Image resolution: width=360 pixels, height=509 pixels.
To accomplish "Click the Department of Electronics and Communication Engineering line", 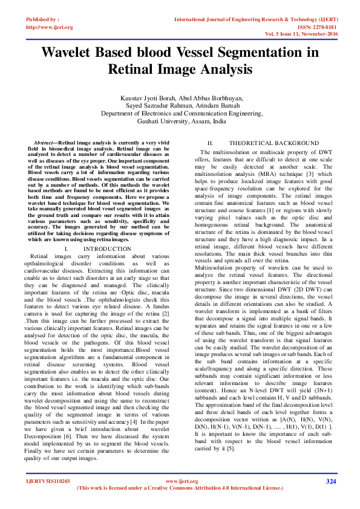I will pyautogui.click(x=180, y=113).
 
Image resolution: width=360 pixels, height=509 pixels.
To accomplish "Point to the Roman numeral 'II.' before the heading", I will pyautogui.click(x=211, y=143).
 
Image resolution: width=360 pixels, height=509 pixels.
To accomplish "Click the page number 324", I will pyautogui.click(x=330, y=481).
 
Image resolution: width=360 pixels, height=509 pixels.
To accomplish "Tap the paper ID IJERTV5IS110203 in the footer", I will pyautogui.click(x=47, y=481).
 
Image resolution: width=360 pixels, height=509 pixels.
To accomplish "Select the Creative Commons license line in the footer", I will pyautogui.click(x=182, y=487).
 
